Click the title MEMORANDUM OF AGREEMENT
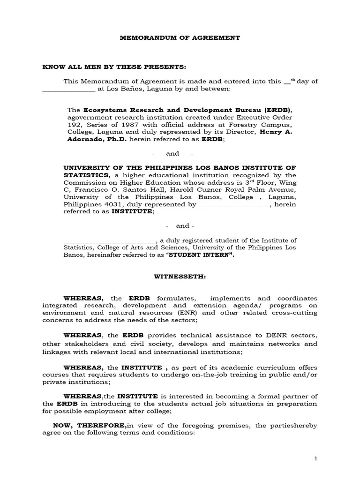[x=180, y=37]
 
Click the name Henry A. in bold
[x=283, y=132]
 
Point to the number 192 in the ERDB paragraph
[x=73, y=125]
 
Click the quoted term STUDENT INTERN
[x=201, y=255]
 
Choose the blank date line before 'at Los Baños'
[x=69, y=88]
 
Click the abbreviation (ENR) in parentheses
[x=188, y=313]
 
